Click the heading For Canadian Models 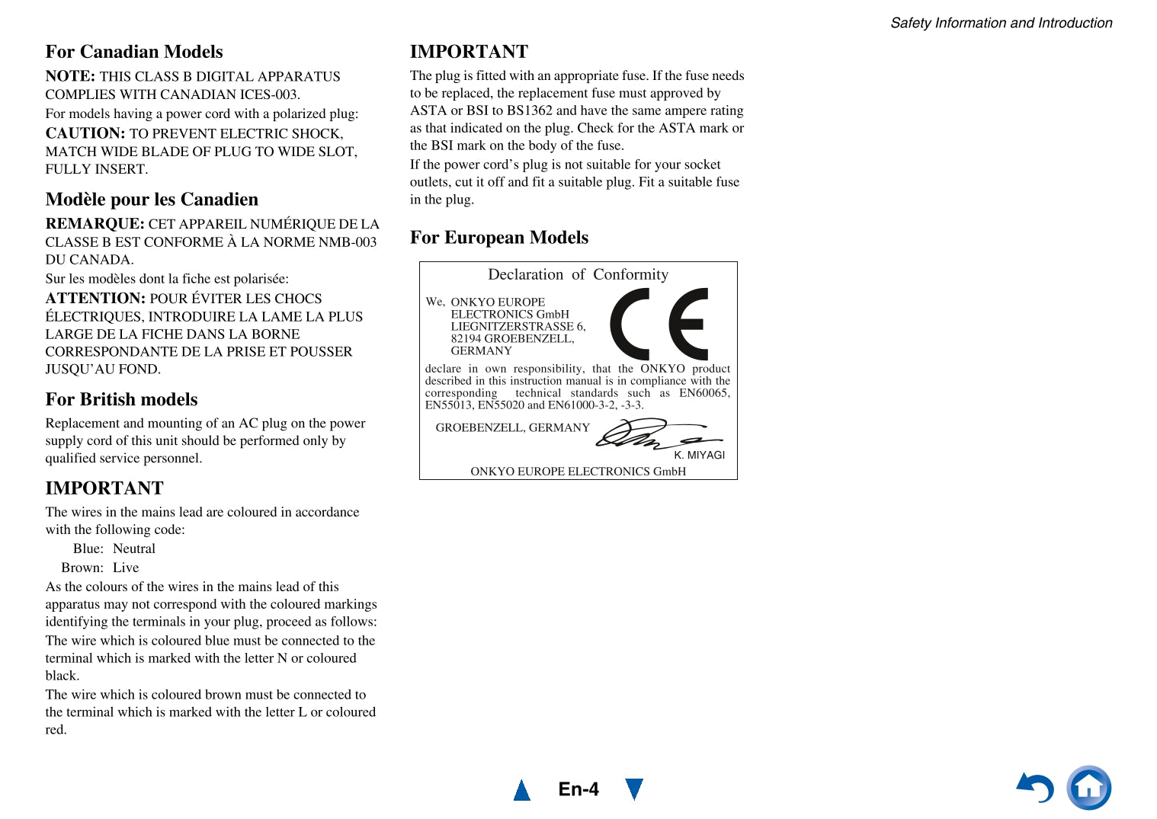coord(134,52)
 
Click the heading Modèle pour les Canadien coord(152,200)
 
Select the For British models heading coord(121,400)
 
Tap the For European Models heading coord(499,238)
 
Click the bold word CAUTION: coord(85,133)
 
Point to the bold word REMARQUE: coord(95,224)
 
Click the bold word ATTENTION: coord(95,299)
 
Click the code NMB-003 coord(348,242)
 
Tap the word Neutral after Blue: coord(134,549)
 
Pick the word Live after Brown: coord(126,568)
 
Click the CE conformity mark coord(659,324)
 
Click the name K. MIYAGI coord(699,455)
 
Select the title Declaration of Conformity coord(578,274)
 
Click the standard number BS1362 coord(530,110)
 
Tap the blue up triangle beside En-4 coord(522,790)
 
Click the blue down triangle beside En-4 coord(633,789)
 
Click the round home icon coord(1088,788)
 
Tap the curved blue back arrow coord(1036,788)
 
